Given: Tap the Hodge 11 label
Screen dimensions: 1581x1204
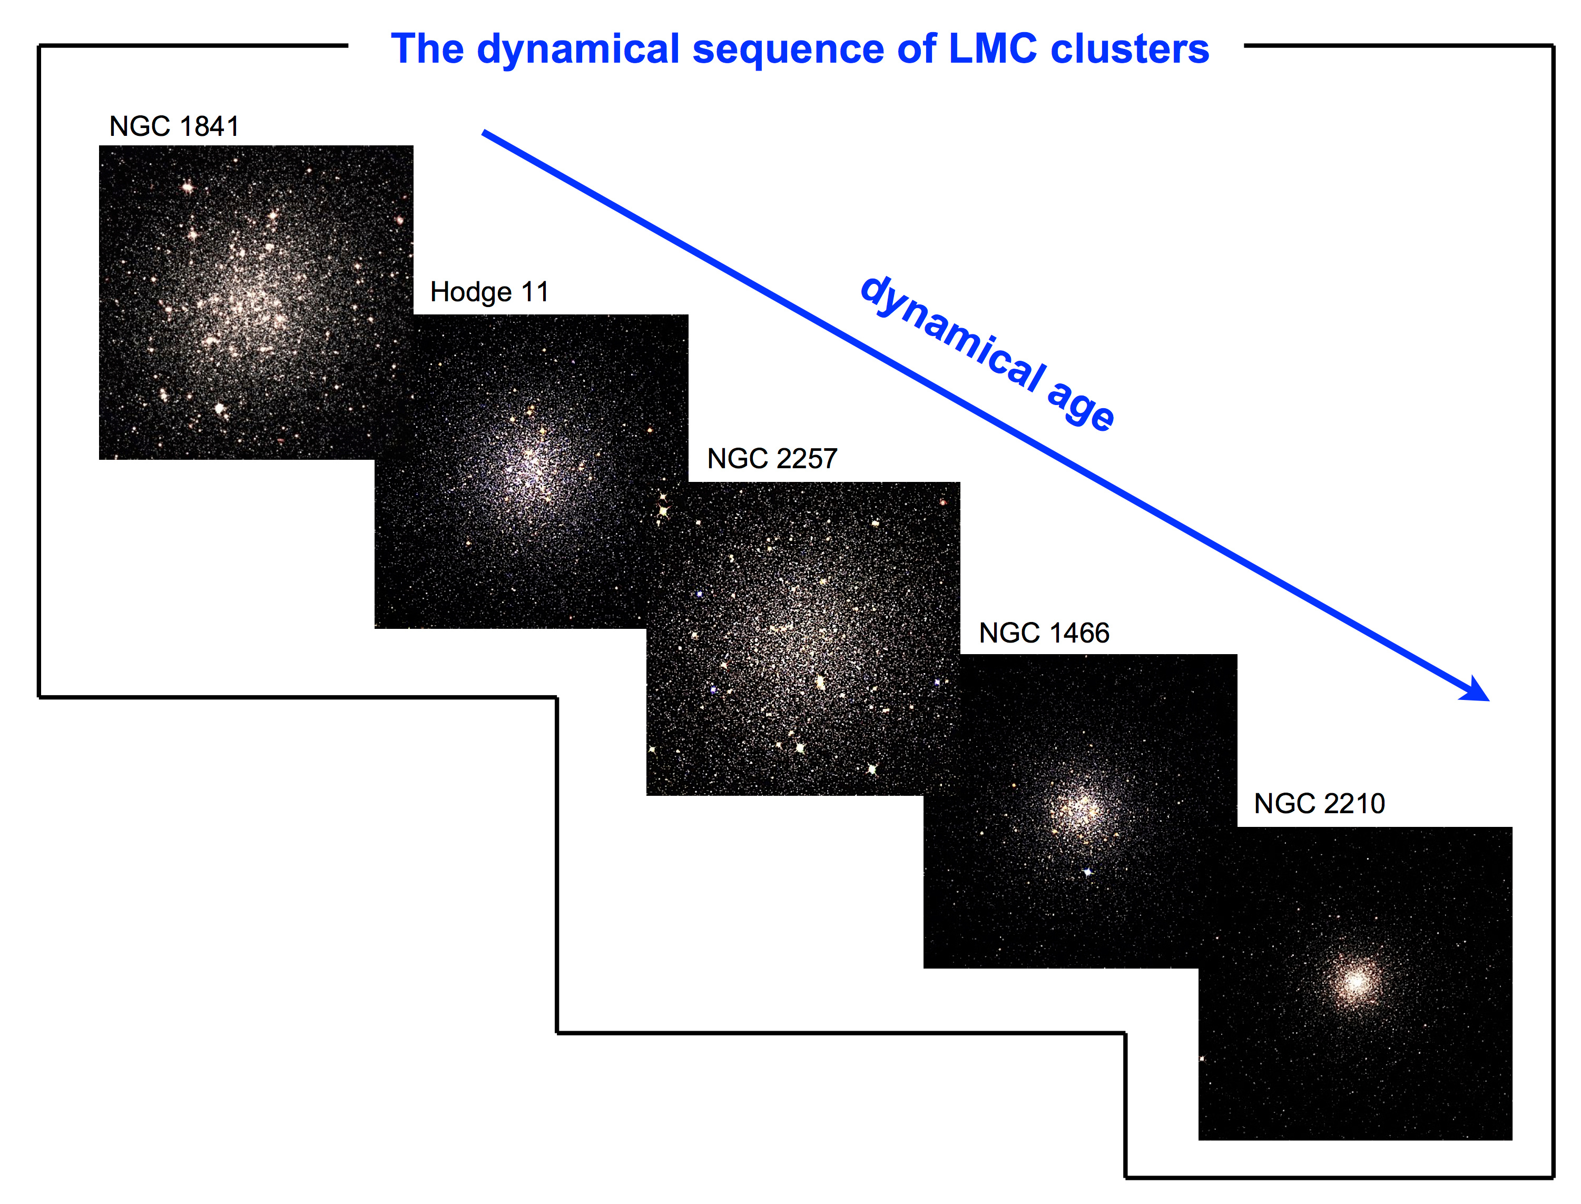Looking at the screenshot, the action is click(489, 292).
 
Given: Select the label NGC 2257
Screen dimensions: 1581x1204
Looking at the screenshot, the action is click(772, 459).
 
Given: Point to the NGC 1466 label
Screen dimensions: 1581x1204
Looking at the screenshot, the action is click(1044, 633).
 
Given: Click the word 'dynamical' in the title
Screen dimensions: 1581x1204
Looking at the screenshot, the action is click(577, 50).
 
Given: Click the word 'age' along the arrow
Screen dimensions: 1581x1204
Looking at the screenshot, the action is click(1080, 407).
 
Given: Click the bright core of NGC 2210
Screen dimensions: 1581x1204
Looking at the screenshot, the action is click(1354, 981).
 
